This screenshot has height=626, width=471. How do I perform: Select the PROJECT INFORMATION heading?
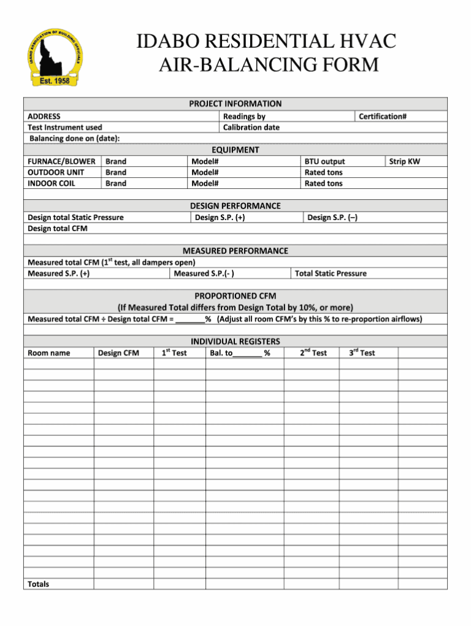point(235,104)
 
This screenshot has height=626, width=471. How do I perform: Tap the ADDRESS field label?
point(44,116)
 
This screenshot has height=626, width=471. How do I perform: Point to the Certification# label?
point(383,116)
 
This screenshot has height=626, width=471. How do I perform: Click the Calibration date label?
point(251,128)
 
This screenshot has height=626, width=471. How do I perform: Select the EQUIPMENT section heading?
point(235,150)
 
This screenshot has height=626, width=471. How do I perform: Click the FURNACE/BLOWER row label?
point(61,161)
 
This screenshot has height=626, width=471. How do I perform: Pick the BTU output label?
point(324,161)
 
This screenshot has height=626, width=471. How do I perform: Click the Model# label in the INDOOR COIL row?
point(205,183)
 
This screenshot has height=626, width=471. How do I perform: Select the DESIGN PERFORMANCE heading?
point(235,205)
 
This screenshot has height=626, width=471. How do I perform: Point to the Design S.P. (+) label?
point(220,217)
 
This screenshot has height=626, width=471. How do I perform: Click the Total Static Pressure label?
point(331,273)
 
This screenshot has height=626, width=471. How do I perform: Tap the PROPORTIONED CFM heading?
point(235,296)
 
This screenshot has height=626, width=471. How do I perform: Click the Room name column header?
point(49,353)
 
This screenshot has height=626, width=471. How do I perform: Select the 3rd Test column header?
point(362,353)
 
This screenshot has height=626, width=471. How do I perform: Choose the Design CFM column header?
point(118,353)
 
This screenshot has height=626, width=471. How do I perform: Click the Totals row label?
point(39,584)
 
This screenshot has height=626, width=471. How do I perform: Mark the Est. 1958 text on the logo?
point(55,80)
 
